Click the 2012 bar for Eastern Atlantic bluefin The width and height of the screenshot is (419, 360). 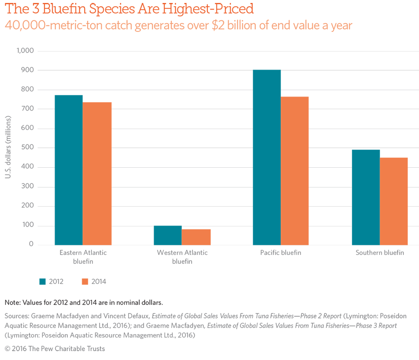pyautogui.click(x=69, y=170)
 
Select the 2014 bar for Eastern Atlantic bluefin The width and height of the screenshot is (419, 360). pyautogui.click(x=97, y=173)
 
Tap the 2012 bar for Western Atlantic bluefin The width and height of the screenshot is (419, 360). pyautogui.click(x=168, y=235)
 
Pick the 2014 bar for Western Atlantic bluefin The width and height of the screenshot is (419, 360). pyautogui.click(x=196, y=237)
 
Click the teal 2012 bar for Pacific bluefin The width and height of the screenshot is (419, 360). pyautogui.click(x=267, y=157)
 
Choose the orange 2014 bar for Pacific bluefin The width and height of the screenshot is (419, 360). pyautogui.click(x=295, y=171)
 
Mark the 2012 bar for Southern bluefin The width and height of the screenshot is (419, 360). pyautogui.click(x=366, y=197)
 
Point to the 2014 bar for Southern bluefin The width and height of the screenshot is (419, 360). pyautogui.click(x=394, y=201)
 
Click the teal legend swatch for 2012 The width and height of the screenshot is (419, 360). pyautogui.click(x=42, y=282)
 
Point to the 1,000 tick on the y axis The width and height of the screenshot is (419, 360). pyautogui.click(x=25, y=51)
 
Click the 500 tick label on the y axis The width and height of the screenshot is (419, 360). pyautogui.click(x=28, y=148)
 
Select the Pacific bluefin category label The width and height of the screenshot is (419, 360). pyautogui.click(x=281, y=253)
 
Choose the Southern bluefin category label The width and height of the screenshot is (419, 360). pyautogui.click(x=380, y=253)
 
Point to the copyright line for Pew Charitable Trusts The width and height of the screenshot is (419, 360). pyautogui.click(x=55, y=349)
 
